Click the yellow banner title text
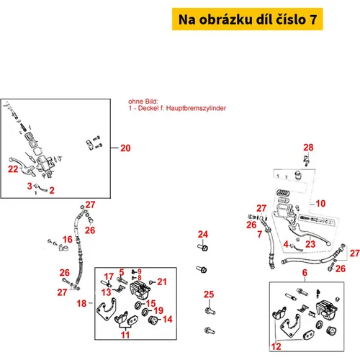(x=248, y=19)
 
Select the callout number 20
(x=125, y=148)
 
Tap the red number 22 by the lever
(x=13, y=169)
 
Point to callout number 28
(x=308, y=148)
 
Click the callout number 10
(x=320, y=204)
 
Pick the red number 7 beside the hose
(x=259, y=234)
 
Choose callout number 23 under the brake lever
(x=310, y=244)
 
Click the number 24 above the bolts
(x=203, y=234)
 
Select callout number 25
(x=209, y=294)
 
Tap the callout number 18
(x=81, y=303)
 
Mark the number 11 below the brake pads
(x=125, y=335)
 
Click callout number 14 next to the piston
(x=168, y=319)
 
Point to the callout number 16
(x=68, y=239)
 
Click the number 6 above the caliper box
(x=305, y=272)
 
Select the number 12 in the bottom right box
(x=276, y=346)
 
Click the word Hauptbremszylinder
(x=196, y=108)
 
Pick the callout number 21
(x=162, y=282)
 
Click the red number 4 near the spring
(x=286, y=244)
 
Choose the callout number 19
(x=158, y=310)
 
